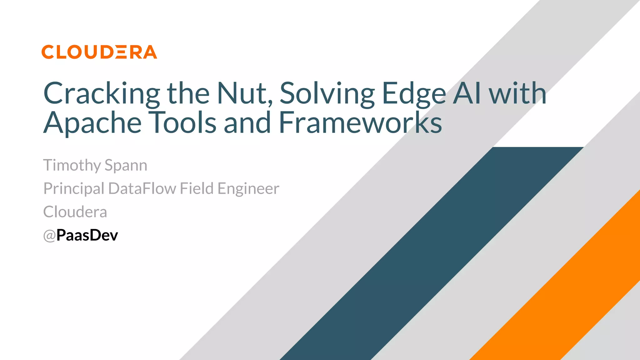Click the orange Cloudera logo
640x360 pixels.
[99, 52]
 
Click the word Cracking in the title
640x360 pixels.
[101, 93]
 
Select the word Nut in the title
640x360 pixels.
[244, 93]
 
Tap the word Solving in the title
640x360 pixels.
[327, 93]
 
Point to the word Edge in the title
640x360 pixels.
[414, 93]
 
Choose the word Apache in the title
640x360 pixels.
[92, 123]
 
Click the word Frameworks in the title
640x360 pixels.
[360, 122]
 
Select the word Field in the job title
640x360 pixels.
[197, 188]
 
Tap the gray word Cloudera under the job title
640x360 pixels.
[75, 212]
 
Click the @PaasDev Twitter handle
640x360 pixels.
[81, 235]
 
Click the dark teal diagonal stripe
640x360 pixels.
[431, 253]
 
